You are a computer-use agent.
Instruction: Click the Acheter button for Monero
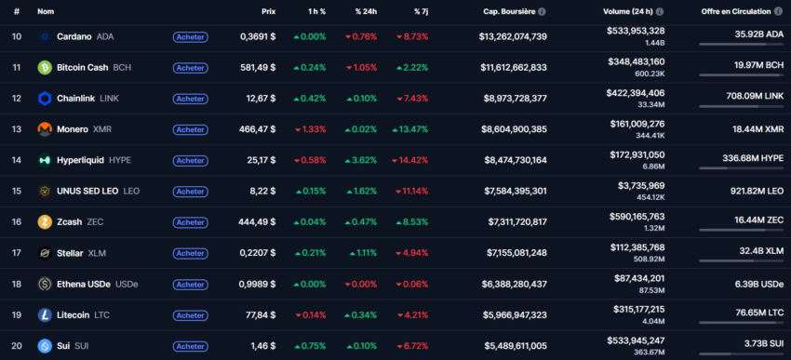(x=190, y=129)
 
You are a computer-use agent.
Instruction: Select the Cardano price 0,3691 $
(x=257, y=36)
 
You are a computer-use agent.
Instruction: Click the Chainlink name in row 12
(x=74, y=99)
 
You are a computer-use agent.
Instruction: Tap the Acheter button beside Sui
(x=190, y=346)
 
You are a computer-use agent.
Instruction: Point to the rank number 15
(x=16, y=191)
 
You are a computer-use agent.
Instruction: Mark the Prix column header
(x=268, y=12)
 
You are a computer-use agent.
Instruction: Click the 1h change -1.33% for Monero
(x=310, y=129)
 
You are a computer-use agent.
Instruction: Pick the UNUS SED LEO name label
(x=88, y=191)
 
